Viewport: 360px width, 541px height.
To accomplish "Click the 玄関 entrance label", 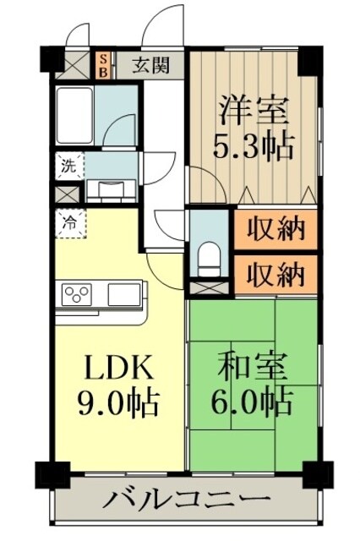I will coord(155,65).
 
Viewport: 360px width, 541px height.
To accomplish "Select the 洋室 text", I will coord(254,112).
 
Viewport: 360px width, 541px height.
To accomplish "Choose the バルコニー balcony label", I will coord(188,500).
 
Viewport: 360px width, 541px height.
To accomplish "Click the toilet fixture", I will coord(206,256).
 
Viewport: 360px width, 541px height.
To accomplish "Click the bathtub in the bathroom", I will coord(74,114).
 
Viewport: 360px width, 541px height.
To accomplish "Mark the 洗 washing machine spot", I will coord(66,166).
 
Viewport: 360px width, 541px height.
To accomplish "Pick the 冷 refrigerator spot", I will coord(67,223).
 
